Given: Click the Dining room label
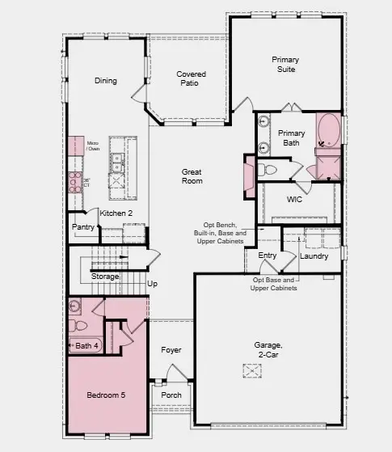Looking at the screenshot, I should click(105, 81).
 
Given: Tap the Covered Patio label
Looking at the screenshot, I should click(191, 79).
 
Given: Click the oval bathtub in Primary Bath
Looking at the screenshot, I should click(328, 132).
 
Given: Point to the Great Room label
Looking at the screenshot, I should click(192, 176).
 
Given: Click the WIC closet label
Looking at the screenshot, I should click(294, 199).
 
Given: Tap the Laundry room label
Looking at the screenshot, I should click(314, 256).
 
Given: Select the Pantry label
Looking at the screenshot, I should click(83, 227).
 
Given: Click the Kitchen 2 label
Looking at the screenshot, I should click(116, 213).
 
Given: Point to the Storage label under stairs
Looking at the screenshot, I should click(104, 277).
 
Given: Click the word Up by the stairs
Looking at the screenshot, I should click(152, 284).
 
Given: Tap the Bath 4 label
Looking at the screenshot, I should click(86, 346).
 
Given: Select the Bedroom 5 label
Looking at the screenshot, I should click(107, 395).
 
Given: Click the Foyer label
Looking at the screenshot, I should click(171, 350).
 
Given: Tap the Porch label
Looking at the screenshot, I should click(171, 395).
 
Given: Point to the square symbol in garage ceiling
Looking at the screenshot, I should click(251, 370).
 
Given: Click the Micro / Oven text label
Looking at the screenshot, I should click(94, 145).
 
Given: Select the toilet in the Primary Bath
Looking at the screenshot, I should click(268, 170).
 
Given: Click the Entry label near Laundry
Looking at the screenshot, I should click(267, 256).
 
